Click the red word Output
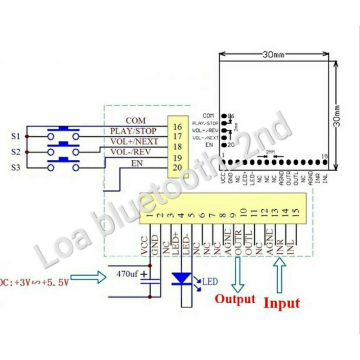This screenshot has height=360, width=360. pos(235,299)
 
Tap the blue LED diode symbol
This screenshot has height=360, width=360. pos(182,279)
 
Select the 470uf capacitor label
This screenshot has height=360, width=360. pos(127,273)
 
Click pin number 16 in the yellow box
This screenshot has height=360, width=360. pos(177,127)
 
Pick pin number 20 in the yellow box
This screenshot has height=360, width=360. pos(177,167)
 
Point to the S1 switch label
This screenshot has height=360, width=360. pos(15,135)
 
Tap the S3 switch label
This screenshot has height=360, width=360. pos(15,168)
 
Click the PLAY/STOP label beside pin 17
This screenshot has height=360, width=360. pos(133,131)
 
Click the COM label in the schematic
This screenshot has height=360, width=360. pos(136,121)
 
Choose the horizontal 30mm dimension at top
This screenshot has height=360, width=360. pos(273,55)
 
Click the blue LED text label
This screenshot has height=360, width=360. pos(210,282)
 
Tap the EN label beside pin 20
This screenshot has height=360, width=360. pos(136,162)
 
